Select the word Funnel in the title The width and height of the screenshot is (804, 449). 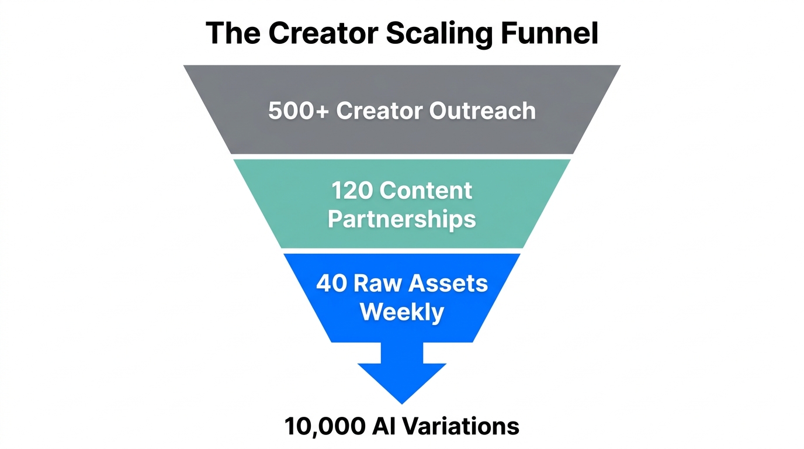coord(550,33)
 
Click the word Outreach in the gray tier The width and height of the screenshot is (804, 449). coord(483,110)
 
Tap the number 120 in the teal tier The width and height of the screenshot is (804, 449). coord(352,191)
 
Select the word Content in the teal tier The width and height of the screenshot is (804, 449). coord(426,191)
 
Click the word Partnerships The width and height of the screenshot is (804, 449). coord(402,219)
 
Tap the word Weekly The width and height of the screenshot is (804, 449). coord(402,312)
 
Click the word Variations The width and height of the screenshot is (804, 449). coord(460,426)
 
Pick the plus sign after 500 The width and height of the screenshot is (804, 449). coord(322,111)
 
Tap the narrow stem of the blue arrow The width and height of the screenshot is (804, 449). coord(402,353)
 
